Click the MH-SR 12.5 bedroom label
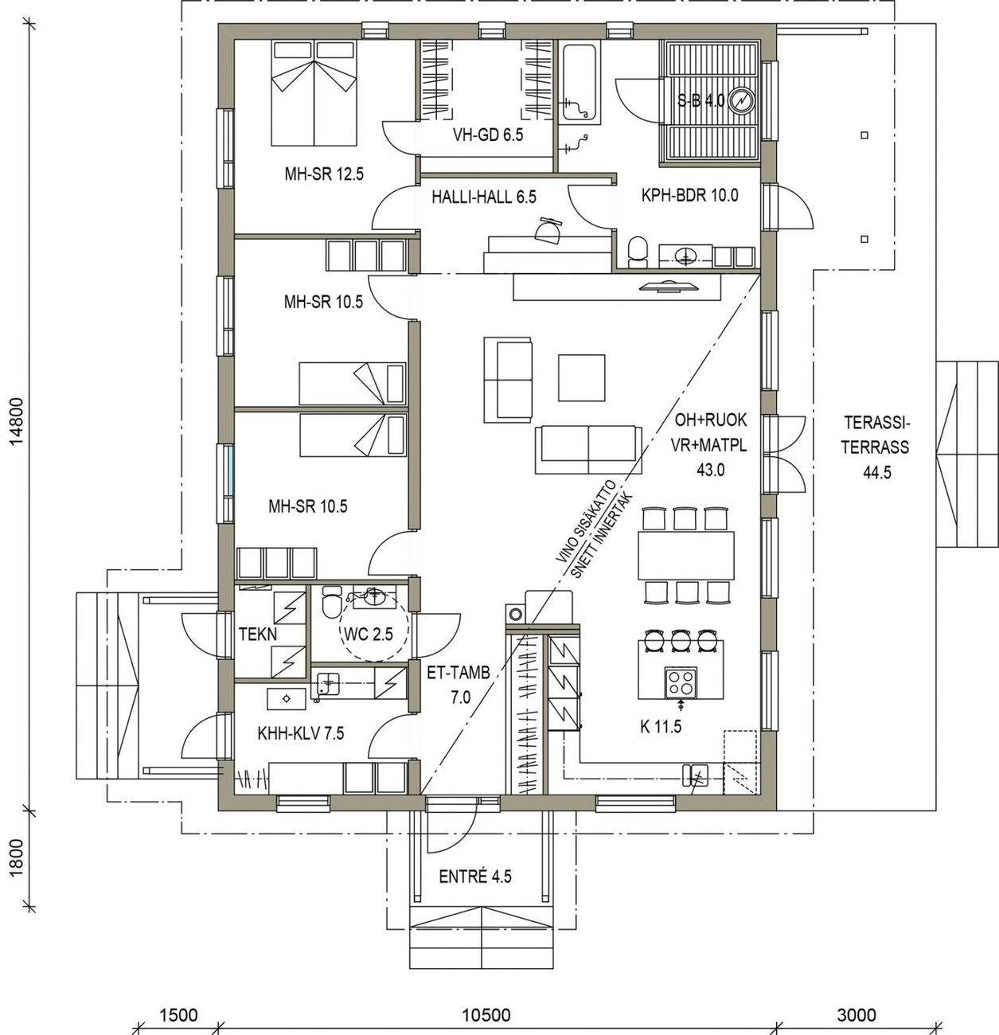324,174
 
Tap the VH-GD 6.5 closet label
488,135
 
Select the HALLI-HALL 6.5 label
484,197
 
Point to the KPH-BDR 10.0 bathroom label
689,195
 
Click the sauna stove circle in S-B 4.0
740,100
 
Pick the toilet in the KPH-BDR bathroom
637,252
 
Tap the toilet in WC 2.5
333,602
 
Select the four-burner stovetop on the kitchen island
681,682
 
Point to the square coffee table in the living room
581,378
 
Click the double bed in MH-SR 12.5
314,94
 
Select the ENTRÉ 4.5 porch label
474,876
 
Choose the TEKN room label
258,634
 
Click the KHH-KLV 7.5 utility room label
300,734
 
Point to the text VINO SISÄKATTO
586,521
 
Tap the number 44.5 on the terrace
876,473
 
